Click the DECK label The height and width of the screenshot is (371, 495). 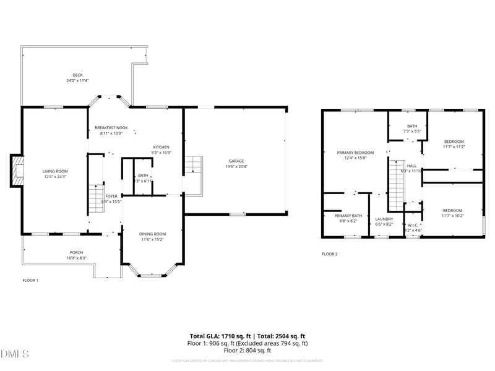pos(77,75)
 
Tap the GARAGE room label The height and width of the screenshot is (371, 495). pos(236,160)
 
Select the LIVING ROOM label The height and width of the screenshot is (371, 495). pos(55,171)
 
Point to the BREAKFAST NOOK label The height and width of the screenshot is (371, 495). pos(111,127)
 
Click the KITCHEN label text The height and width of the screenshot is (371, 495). pos(161,147)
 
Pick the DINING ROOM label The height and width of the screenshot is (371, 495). pos(152,233)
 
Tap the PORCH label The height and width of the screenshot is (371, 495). pos(76,252)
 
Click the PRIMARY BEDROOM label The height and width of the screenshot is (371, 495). pos(355,152)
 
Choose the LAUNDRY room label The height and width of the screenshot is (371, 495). pos(384,219)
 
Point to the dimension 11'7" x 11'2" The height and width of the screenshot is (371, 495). pos(454,147)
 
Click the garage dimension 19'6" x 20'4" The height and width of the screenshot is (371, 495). pos(236,166)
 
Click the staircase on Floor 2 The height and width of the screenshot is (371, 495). pos(395,184)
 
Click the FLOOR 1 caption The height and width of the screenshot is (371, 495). pos(30,280)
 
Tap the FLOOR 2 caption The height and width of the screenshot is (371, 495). pos(329,254)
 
